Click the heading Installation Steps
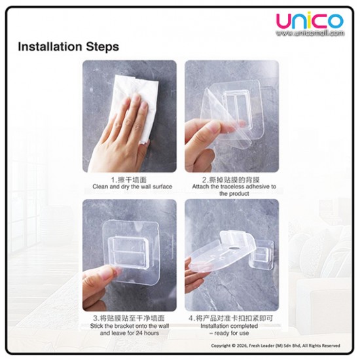pos(68,47)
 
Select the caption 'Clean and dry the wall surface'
pos(132,187)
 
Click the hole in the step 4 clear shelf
pos(232,251)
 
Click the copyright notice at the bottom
pos(276,346)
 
